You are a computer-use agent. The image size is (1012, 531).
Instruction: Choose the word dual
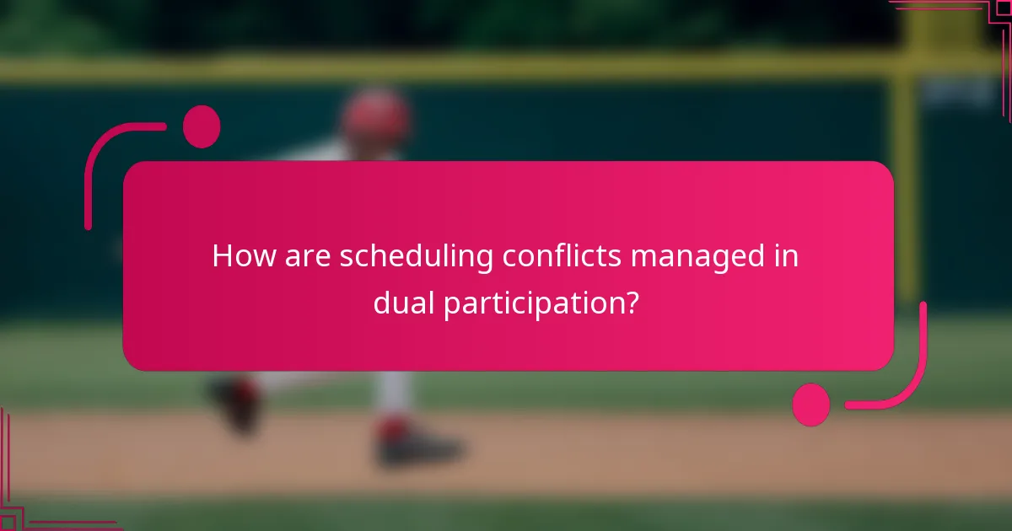point(403,304)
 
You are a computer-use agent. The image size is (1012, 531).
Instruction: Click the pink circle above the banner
point(202,126)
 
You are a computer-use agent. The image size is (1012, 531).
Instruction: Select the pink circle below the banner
point(811,405)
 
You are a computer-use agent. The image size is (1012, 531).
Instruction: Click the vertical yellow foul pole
point(905,169)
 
